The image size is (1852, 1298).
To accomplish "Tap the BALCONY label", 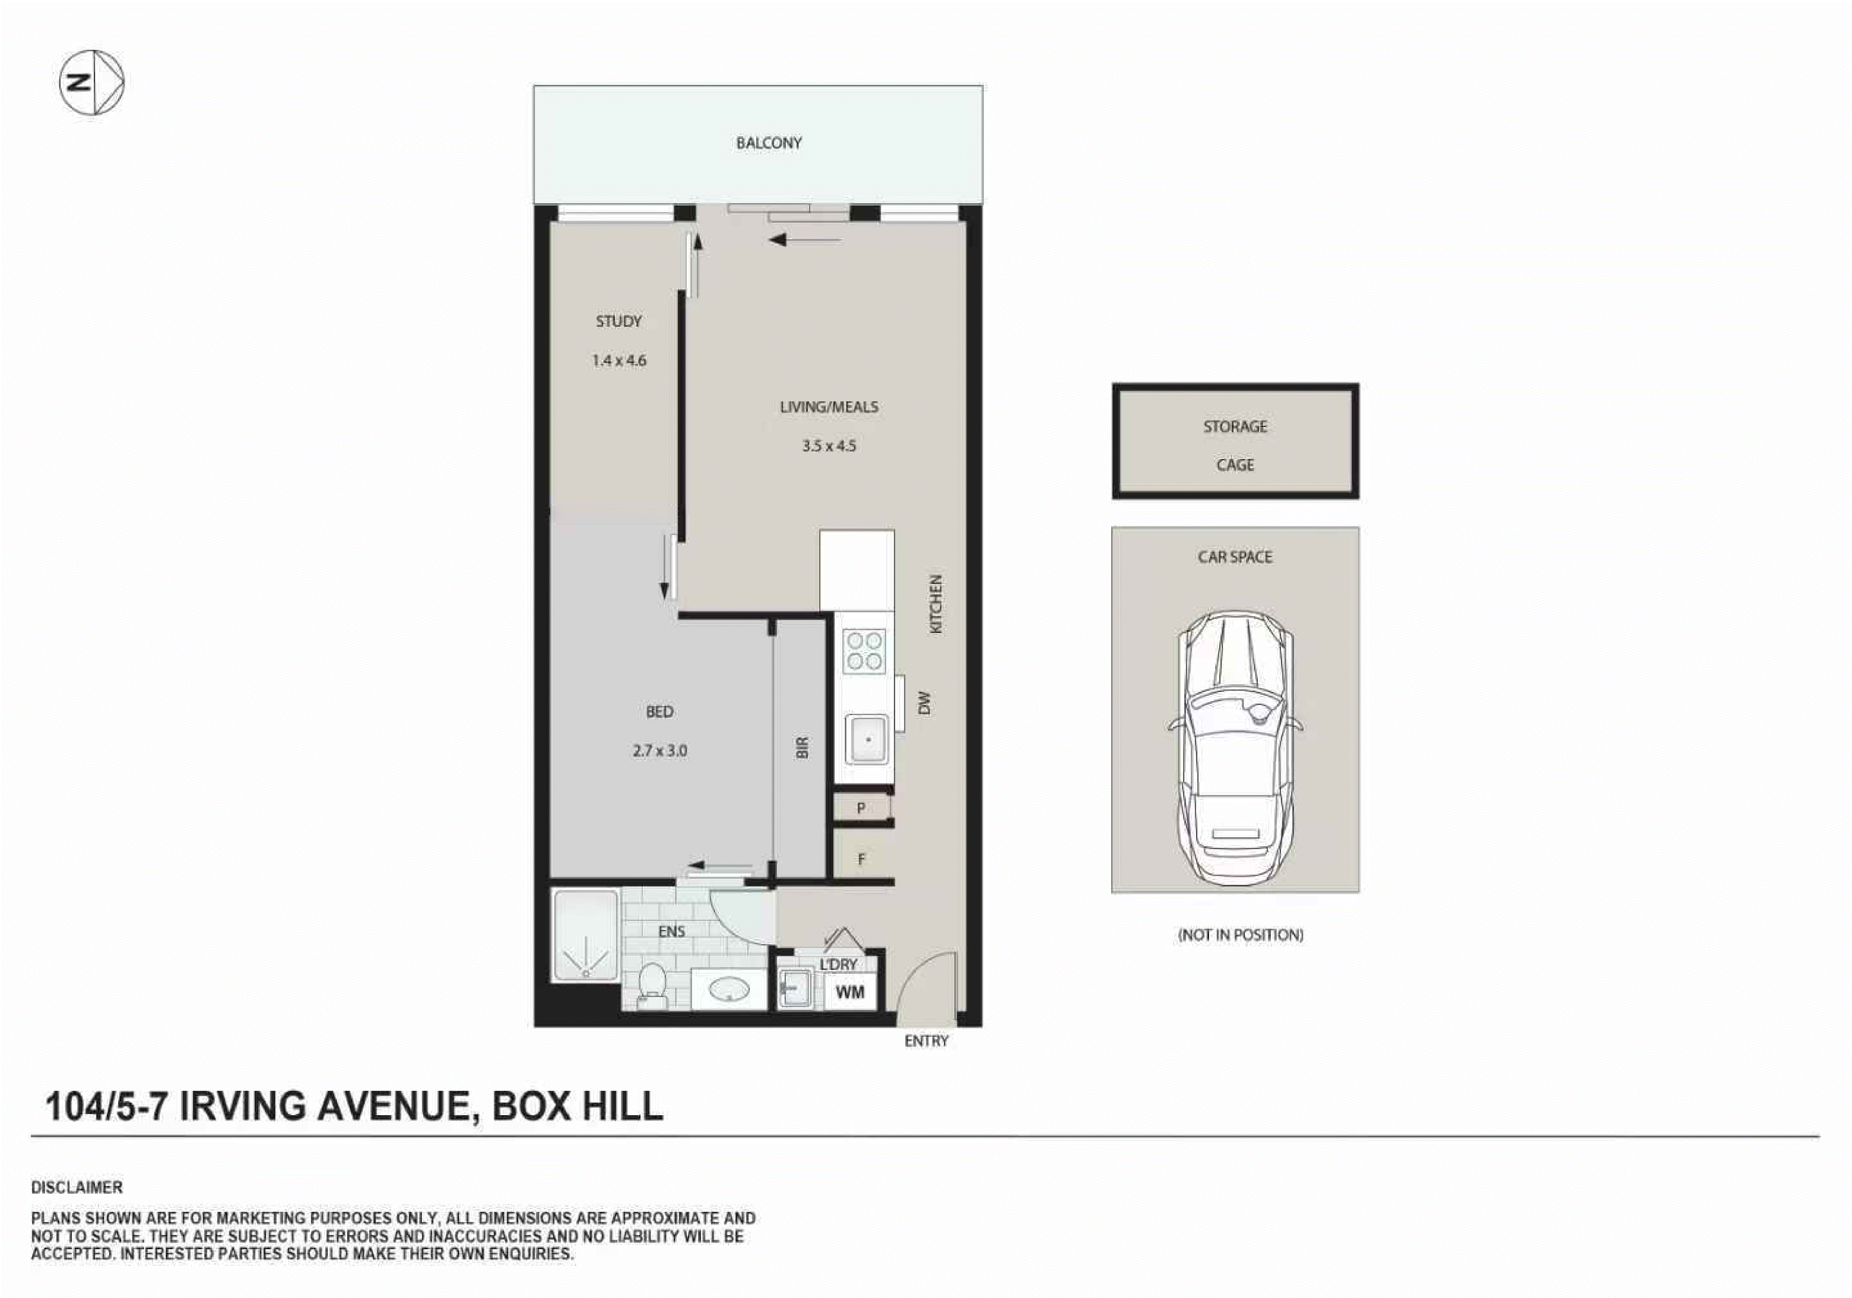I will click(x=768, y=143).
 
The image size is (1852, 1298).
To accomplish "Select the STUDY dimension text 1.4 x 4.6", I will click(x=619, y=361).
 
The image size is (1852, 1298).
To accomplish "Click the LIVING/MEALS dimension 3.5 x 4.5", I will click(x=828, y=445).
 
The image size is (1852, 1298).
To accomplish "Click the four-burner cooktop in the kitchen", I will click(x=864, y=652).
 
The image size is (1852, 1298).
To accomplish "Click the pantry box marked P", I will click(x=861, y=807).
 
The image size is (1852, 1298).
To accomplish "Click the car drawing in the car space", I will click(x=1235, y=746).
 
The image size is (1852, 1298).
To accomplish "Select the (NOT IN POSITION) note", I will click(x=1241, y=935).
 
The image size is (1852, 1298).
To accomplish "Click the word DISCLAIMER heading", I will click(x=77, y=1187).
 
